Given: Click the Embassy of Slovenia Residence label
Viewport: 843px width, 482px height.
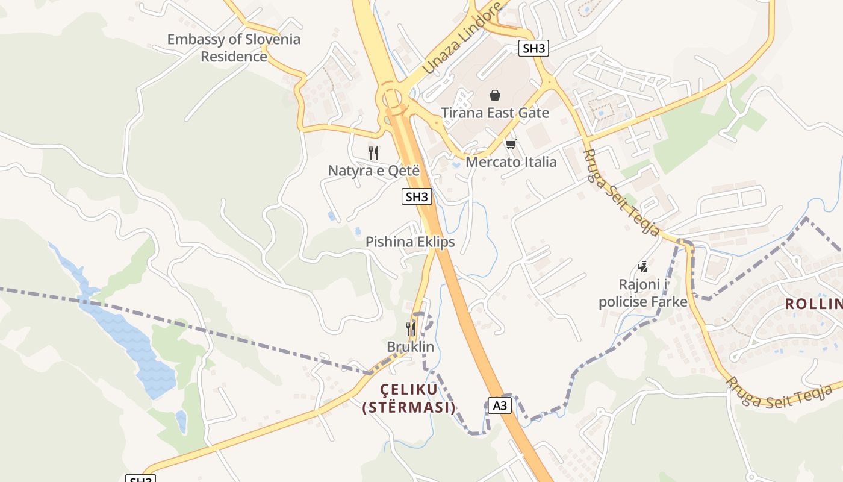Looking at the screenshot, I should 234,48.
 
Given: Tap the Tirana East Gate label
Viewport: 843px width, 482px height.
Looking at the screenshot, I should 495,113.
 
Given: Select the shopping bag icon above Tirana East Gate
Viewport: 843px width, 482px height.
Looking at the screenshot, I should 495,95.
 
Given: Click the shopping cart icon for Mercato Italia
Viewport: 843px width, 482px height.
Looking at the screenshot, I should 511,144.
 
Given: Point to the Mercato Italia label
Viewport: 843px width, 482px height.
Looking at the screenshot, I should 511,162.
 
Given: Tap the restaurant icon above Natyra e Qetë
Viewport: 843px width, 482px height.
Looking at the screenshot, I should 373,153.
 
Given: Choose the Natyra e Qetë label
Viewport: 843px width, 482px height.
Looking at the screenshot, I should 373,171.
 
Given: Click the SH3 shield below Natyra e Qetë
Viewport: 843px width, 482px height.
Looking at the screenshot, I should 417,196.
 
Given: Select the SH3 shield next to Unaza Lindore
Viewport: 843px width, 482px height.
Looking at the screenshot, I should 533,48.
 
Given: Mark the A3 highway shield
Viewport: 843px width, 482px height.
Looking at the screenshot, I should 499,405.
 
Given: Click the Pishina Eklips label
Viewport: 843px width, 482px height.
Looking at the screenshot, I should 410,242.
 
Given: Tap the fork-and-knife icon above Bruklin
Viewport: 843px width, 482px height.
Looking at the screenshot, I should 411,329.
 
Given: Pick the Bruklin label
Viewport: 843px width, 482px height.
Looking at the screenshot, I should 410,347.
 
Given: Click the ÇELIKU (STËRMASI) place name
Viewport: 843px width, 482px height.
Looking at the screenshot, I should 409,398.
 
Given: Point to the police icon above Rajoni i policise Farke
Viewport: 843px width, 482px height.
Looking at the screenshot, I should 642,266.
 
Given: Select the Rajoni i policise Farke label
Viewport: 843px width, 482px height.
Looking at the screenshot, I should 642,293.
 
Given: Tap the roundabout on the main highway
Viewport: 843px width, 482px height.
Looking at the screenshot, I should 391,98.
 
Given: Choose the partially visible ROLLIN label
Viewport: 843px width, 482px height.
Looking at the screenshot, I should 813,304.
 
